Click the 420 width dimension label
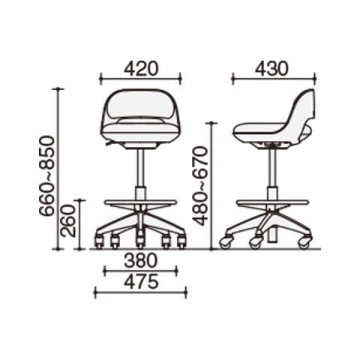(141, 69)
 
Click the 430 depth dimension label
(271, 69)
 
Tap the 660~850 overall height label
(46, 175)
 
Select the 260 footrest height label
(68, 220)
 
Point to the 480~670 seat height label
(200, 186)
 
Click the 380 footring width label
(141, 260)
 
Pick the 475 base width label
(141, 281)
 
